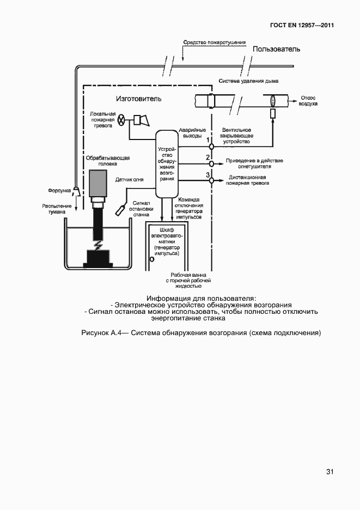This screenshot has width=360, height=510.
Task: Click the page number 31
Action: pos(330,471)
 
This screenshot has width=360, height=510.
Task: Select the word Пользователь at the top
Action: pos(277,50)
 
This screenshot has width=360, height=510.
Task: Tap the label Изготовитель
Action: pos(139,99)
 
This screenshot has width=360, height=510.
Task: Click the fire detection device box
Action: pos(167,163)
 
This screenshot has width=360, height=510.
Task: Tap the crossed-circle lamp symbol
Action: pos(123,120)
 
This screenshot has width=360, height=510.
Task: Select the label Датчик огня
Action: pos(130,179)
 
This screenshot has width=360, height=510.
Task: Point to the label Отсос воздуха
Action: pos(308,101)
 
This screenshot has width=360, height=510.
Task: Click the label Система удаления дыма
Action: pos(249,81)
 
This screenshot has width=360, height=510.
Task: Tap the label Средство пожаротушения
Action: pos(214,42)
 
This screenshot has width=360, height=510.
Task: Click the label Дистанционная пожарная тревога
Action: pos(248,180)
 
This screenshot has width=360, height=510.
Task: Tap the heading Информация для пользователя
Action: pos(201,298)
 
